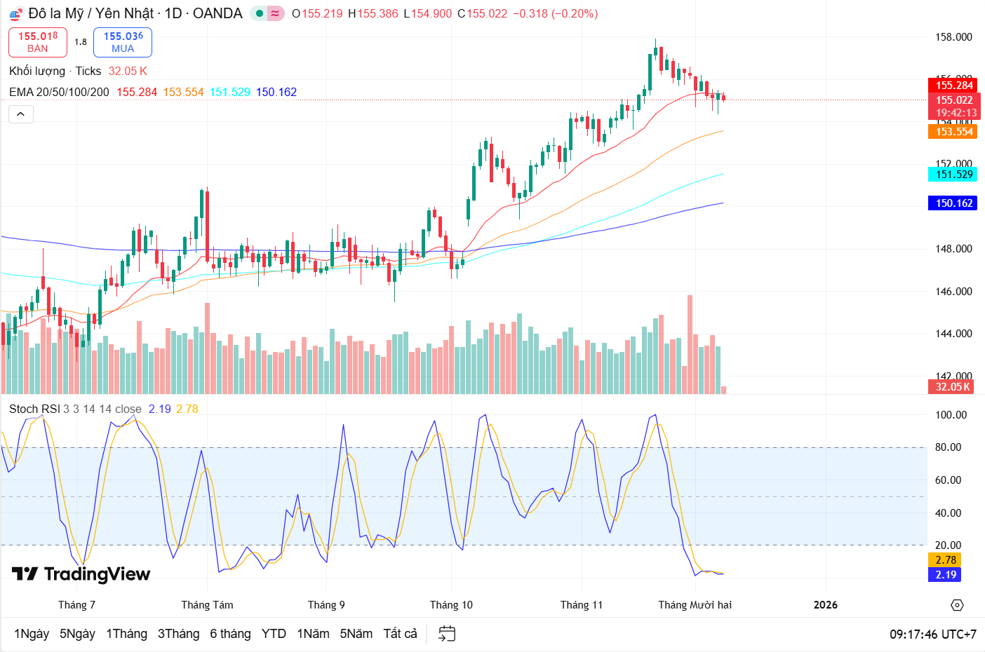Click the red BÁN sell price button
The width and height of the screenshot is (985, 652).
[x=38, y=42]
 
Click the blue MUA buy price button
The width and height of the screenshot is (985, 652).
[x=123, y=42]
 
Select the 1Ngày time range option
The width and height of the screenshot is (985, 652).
[x=32, y=634]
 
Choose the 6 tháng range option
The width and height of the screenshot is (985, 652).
[x=230, y=634]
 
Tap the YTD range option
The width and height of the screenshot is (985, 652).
[x=274, y=634]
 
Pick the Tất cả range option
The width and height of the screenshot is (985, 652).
[x=400, y=634]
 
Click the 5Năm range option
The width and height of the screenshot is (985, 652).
[x=356, y=634]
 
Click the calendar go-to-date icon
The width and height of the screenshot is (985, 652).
[x=447, y=634]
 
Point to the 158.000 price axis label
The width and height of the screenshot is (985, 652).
[x=953, y=37]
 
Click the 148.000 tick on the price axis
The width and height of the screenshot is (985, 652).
[x=953, y=249]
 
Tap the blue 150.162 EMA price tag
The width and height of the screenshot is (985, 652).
[x=953, y=203]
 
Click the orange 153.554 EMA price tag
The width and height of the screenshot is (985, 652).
[x=953, y=132]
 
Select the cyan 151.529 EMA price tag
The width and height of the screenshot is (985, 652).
[x=953, y=175]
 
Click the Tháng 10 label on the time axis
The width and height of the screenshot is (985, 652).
[x=451, y=605]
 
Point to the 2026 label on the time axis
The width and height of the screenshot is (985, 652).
[x=825, y=605]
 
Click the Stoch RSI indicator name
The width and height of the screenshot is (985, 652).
[x=34, y=409]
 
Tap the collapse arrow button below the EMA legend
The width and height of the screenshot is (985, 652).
[x=21, y=114]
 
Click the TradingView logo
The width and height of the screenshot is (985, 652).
[x=81, y=574]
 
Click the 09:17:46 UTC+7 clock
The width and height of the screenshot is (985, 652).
[x=932, y=634]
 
